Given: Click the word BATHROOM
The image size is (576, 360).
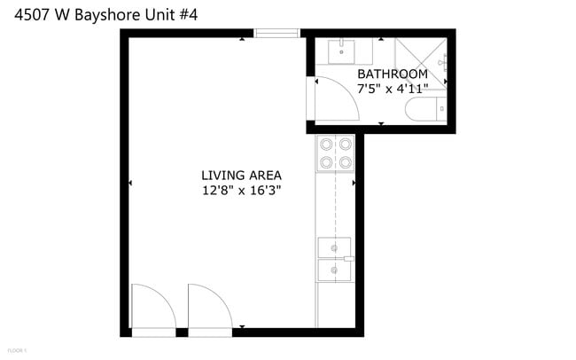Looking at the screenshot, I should click(x=392, y=74).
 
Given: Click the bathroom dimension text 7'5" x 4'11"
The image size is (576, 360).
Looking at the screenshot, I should click(x=392, y=89).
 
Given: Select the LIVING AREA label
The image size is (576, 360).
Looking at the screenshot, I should click(x=241, y=175).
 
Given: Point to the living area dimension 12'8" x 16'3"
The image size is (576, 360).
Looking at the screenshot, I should click(x=241, y=190).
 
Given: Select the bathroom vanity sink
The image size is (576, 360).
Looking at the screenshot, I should click(x=341, y=52).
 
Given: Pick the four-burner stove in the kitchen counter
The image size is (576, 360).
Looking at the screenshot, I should click(x=335, y=152).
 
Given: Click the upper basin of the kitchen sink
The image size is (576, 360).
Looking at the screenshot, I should click(x=334, y=247).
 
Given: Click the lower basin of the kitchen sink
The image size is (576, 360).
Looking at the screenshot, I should click(x=334, y=270).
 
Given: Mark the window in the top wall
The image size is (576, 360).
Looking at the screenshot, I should click(x=277, y=34).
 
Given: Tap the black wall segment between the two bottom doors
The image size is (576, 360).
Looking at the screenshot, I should click(x=182, y=333).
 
